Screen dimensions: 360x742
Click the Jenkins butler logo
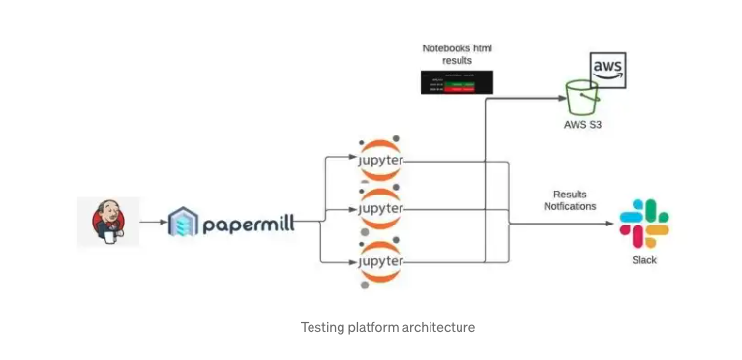click(108, 222)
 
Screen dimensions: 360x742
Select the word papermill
click(248, 225)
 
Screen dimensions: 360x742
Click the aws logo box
click(608, 71)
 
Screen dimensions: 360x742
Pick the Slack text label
click(644, 260)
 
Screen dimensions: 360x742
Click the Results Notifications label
click(570, 200)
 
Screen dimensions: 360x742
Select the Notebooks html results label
click(458, 54)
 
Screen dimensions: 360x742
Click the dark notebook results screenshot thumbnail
click(458, 83)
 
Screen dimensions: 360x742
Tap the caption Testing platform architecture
click(387, 327)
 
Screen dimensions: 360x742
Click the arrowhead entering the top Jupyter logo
click(352, 158)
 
